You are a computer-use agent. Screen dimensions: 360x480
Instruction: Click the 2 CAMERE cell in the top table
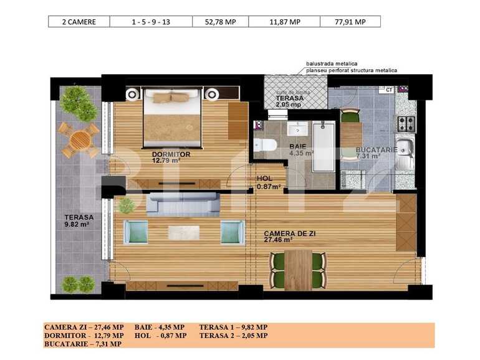click(79, 22)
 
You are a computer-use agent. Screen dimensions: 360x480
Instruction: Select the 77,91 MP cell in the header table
click(350, 22)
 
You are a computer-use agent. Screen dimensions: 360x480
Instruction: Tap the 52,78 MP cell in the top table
click(221, 22)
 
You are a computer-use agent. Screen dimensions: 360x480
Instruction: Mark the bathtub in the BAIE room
click(324, 146)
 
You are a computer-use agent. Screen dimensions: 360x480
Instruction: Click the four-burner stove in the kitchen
click(406, 123)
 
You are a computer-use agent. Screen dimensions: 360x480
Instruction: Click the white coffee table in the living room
click(183, 232)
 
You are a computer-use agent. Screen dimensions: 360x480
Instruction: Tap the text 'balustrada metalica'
click(331, 64)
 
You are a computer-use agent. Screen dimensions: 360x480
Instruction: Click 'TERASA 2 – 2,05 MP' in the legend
click(233, 335)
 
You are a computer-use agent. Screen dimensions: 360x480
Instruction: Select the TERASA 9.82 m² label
click(79, 221)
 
